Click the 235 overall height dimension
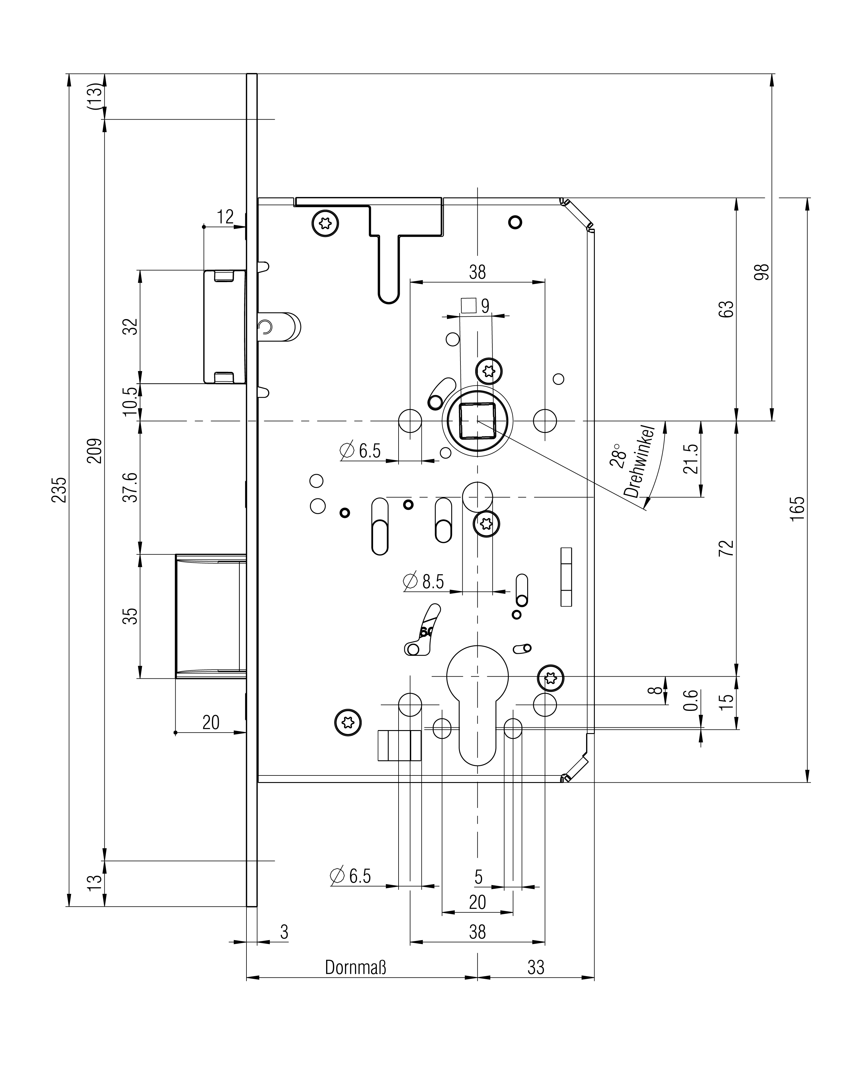(59, 489)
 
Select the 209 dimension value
(94, 450)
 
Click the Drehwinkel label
(639, 461)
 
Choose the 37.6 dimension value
(130, 487)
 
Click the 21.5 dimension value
(690, 459)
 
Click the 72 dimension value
(726, 548)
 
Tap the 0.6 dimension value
(691, 700)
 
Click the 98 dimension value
(762, 272)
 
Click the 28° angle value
(618, 455)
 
